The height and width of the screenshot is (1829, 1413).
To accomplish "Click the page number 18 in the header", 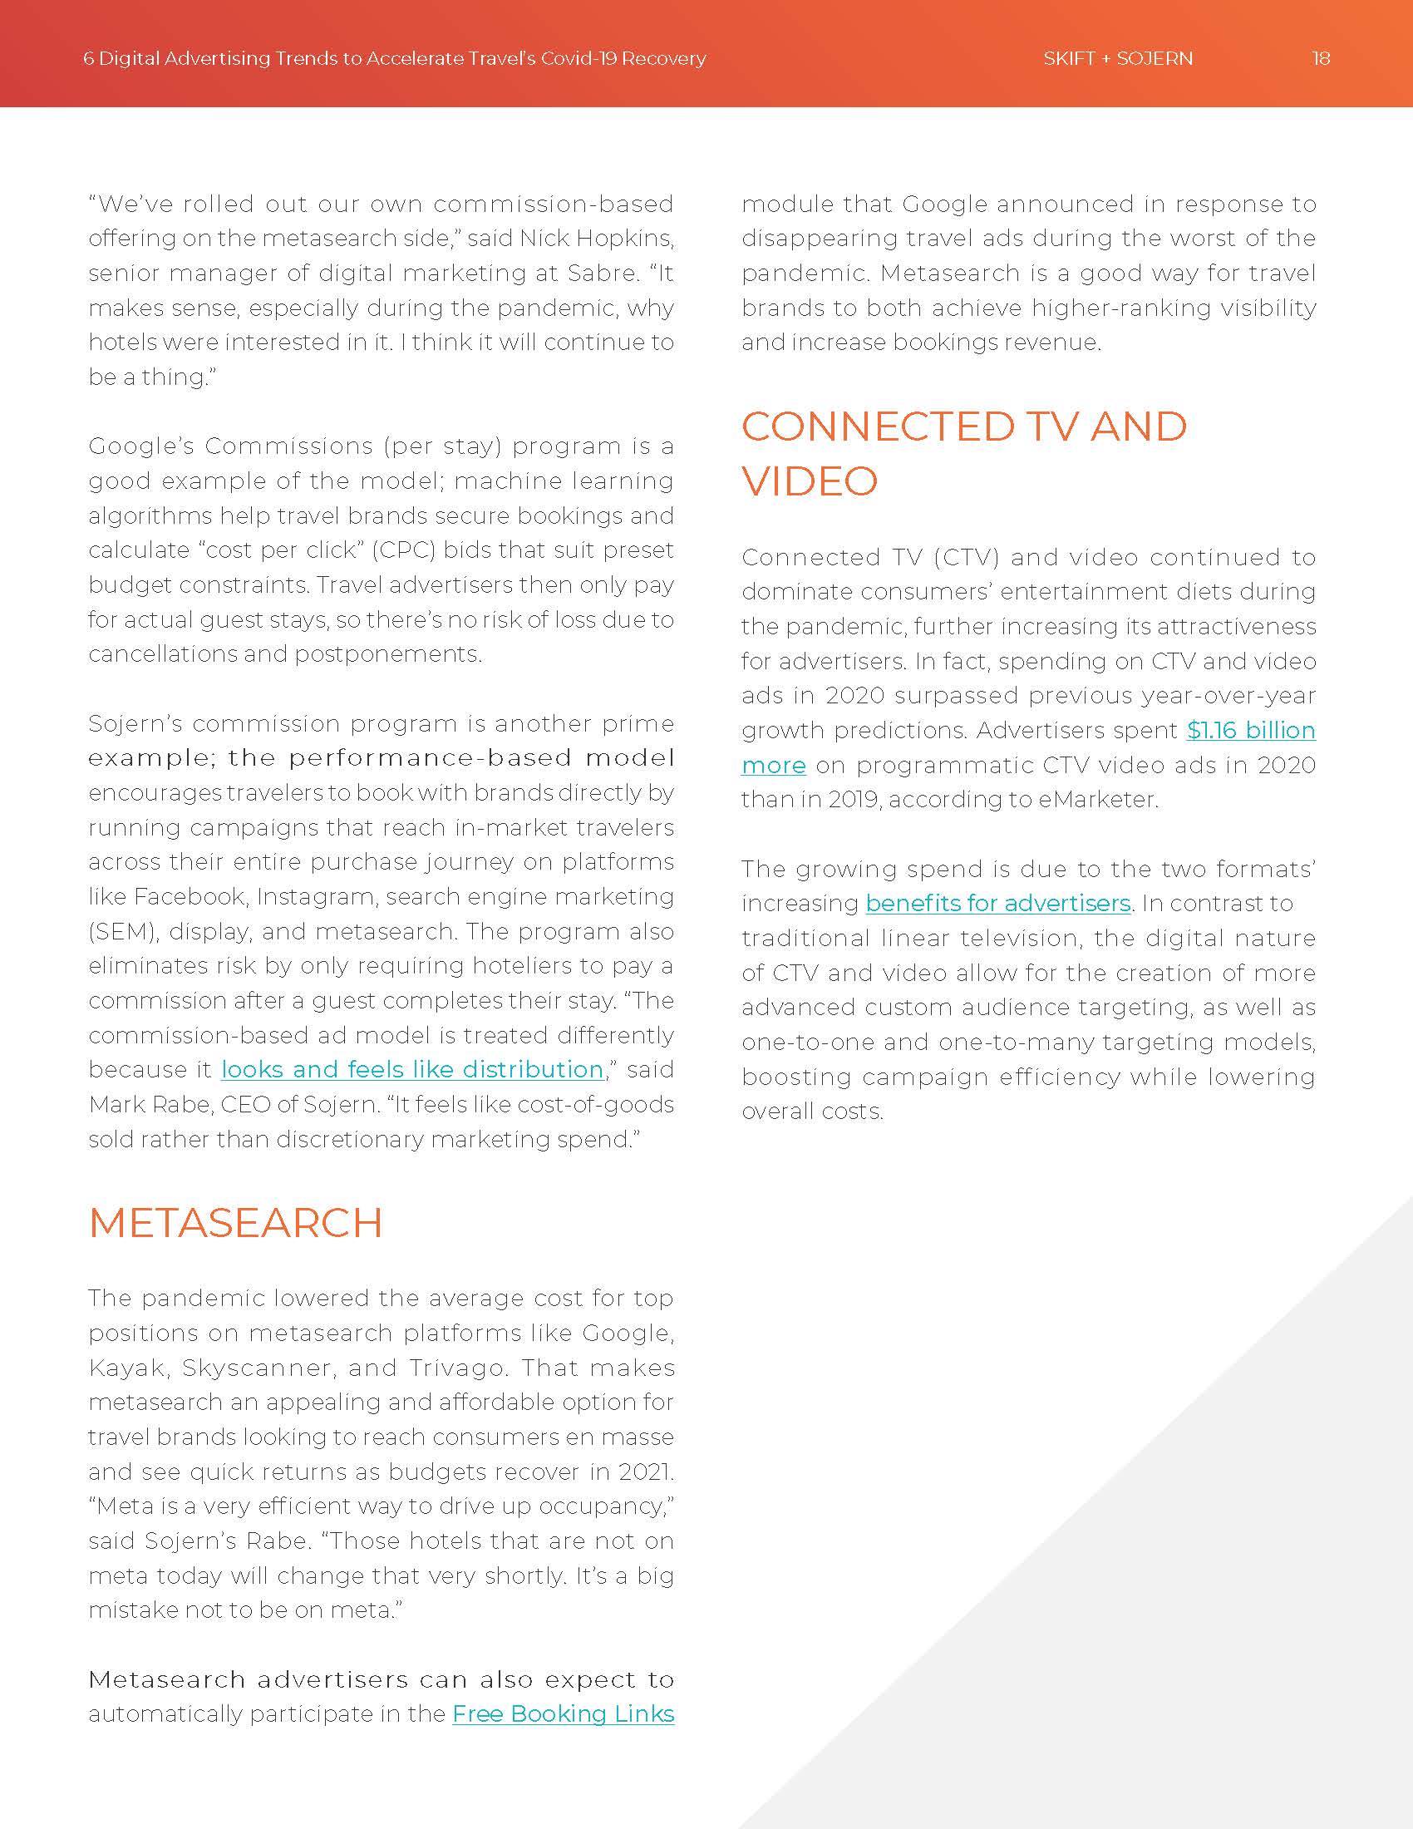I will click(x=1321, y=59).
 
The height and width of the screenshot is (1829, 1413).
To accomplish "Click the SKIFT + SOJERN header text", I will click(x=1117, y=59).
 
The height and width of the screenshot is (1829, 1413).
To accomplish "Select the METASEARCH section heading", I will click(x=235, y=1223).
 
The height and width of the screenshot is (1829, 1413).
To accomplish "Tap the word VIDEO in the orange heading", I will click(x=810, y=481).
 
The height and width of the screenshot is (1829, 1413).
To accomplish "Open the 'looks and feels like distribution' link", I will click(x=411, y=1069).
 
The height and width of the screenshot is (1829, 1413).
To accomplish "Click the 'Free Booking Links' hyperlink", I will click(x=563, y=1713).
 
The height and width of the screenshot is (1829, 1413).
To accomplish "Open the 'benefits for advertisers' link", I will click(x=997, y=903).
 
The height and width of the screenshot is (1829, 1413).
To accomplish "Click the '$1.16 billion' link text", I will click(x=1251, y=730).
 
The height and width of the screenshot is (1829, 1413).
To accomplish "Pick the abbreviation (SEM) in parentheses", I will click(x=123, y=931).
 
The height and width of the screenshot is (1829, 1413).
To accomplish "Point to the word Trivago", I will click(x=458, y=1368).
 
